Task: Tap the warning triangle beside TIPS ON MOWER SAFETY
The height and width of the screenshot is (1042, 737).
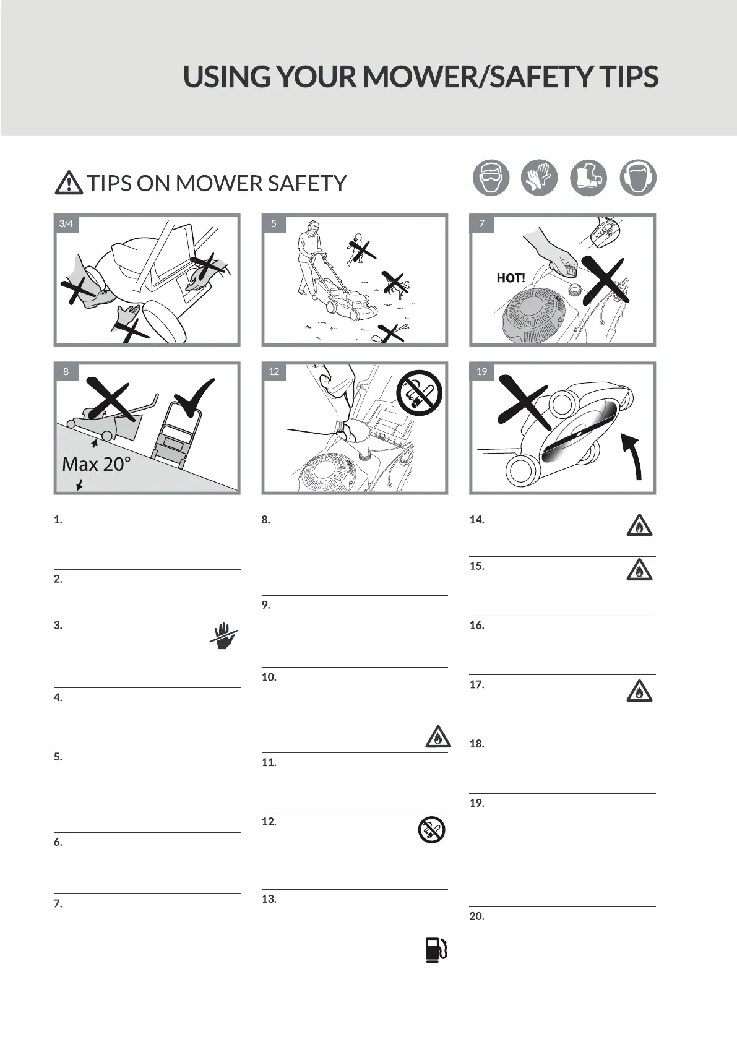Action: (69, 183)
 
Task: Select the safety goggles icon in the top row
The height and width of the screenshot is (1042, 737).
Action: (491, 178)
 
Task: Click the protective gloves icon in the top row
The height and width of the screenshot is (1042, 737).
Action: (539, 178)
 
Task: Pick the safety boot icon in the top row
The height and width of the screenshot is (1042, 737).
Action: (588, 178)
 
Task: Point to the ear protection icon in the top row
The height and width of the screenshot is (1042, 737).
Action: (637, 178)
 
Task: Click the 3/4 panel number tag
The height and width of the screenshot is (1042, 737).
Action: (66, 224)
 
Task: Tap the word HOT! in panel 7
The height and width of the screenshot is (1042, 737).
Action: (511, 278)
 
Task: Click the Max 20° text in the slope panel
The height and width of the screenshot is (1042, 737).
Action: (97, 464)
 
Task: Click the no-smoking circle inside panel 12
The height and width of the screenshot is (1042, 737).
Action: (419, 393)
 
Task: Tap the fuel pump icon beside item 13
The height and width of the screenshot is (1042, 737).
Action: (436, 949)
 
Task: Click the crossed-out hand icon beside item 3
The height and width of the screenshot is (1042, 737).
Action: (224, 636)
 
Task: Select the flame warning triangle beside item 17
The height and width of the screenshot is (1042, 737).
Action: (639, 691)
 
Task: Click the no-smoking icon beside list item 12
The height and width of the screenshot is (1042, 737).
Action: (431, 830)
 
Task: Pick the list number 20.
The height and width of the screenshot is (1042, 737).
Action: (476, 916)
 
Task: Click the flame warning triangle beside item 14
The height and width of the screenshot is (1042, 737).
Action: (639, 525)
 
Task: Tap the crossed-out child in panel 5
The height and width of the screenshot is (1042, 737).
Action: (358, 249)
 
